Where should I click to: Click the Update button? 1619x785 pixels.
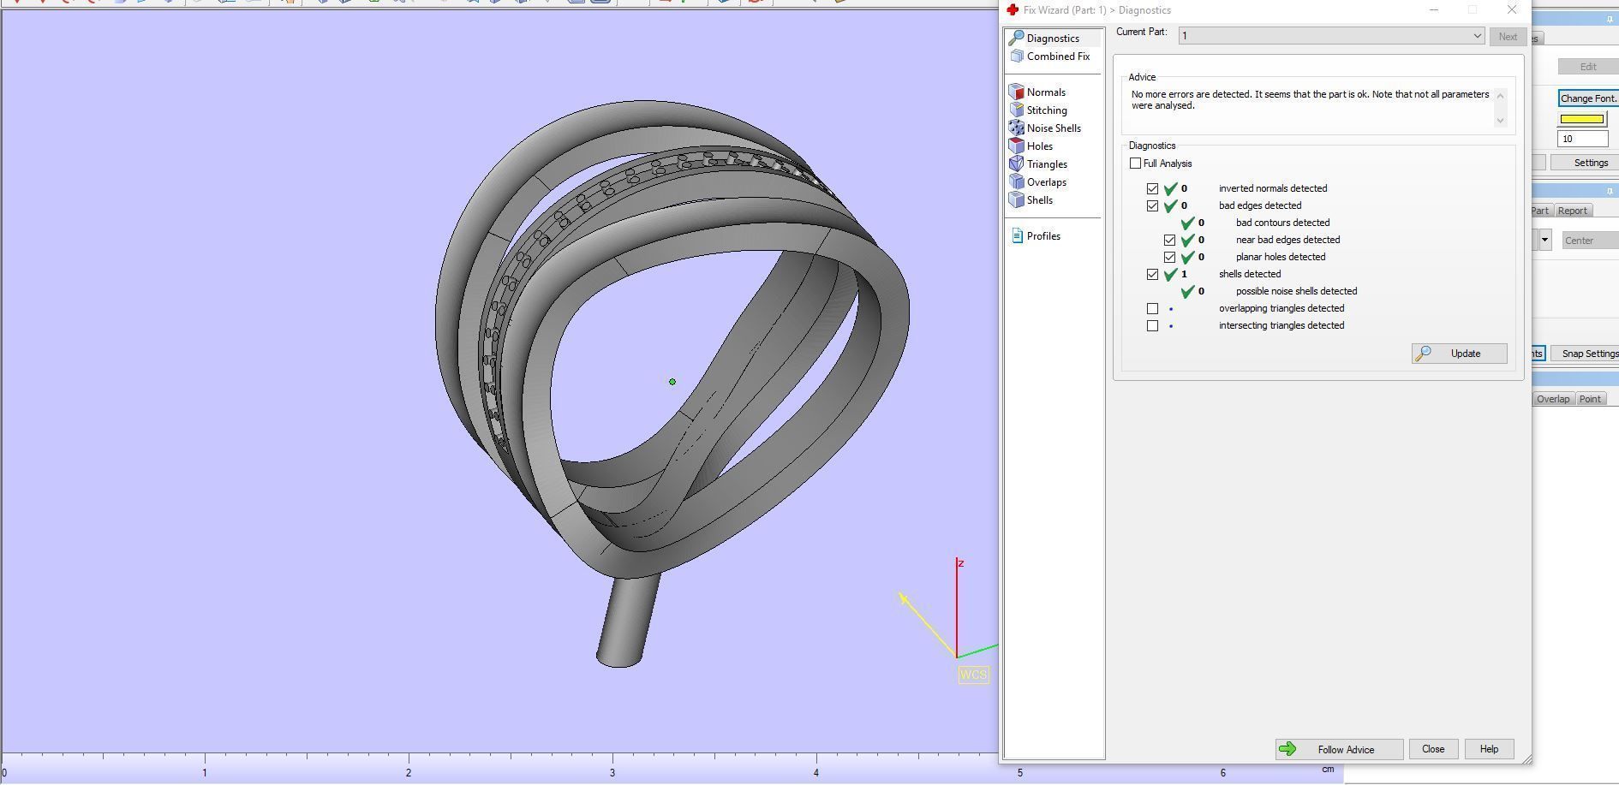[1460, 354]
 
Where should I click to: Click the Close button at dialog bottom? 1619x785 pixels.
[1433, 749]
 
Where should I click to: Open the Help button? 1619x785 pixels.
[1489, 749]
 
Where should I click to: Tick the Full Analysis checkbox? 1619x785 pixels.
[1136, 164]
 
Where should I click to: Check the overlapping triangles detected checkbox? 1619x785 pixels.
[1152, 308]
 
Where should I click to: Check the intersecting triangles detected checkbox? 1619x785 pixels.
[1152, 325]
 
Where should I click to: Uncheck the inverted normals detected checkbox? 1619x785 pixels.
[1152, 188]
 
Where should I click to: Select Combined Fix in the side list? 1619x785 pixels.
[1057, 56]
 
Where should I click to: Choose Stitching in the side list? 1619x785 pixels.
[1046, 110]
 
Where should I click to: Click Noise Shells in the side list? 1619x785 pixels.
[1053, 128]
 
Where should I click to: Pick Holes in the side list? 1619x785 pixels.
[1039, 146]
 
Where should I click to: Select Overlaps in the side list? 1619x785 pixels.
[1046, 182]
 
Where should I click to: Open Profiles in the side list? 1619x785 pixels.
[1042, 236]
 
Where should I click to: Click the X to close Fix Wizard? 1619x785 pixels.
[1511, 10]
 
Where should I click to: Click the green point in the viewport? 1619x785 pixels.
[672, 382]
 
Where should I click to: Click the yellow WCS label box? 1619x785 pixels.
[973, 675]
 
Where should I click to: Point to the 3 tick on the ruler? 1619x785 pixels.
[612, 757]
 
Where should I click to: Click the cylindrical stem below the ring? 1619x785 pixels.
[627, 621]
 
